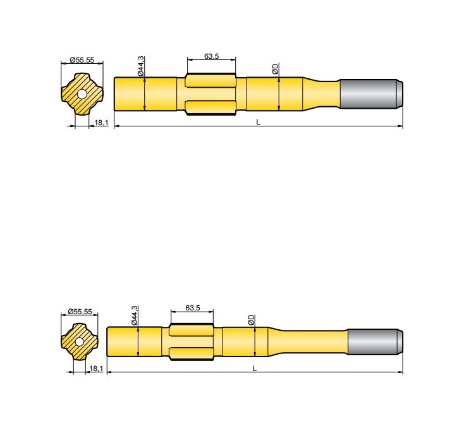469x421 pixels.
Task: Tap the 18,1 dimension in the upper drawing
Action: click(x=99, y=123)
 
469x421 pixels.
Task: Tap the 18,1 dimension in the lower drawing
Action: click(x=95, y=368)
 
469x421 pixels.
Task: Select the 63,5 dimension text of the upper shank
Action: click(x=212, y=56)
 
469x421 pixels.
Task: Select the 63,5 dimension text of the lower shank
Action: click(x=193, y=308)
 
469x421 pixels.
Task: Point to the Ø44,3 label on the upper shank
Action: click(x=142, y=66)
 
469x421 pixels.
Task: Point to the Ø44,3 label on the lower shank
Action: click(x=135, y=315)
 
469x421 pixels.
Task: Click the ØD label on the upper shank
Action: click(x=275, y=68)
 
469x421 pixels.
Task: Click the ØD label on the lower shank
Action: click(x=252, y=320)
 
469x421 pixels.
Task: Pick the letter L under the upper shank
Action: click(x=258, y=122)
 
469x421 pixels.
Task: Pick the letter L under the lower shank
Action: click(x=255, y=368)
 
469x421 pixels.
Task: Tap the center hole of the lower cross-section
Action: click(x=80, y=342)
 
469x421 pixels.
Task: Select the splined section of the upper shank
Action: click(x=212, y=94)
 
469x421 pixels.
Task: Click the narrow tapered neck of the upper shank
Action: click(x=322, y=94)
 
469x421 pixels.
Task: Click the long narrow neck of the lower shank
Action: click(x=310, y=343)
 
